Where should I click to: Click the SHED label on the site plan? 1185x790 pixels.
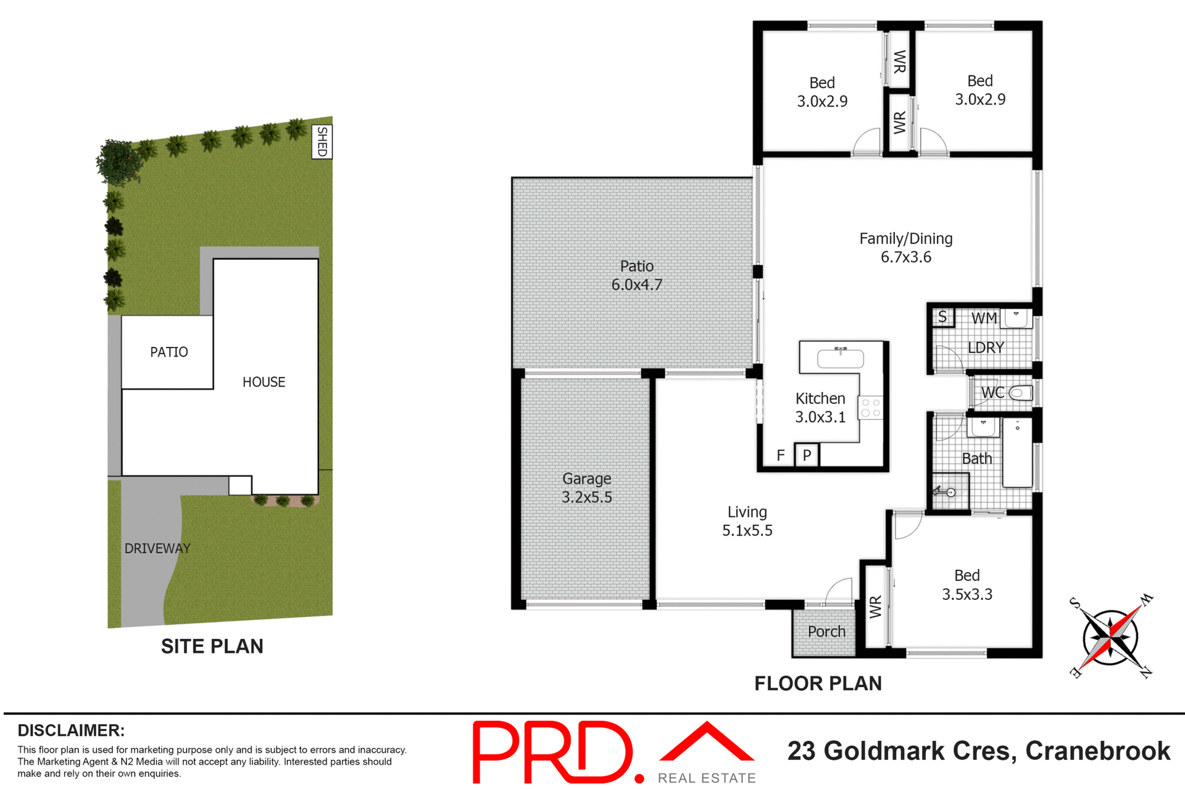[322, 141]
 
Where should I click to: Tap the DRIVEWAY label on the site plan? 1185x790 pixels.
[157, 548]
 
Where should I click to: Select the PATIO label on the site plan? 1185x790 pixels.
[168, 352]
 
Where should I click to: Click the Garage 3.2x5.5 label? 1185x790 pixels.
[586, 488]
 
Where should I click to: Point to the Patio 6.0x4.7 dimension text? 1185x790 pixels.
[636, 285]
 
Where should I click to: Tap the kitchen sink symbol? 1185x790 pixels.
[840, 358]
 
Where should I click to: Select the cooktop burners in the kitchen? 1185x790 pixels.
[870, 407]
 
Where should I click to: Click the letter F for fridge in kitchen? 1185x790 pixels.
[781, 455]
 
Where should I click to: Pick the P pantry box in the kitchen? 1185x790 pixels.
[807, 455]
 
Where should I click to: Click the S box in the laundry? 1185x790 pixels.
[942, 317]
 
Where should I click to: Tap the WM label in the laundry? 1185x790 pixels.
[984, 318]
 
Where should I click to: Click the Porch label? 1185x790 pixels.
[826, 631]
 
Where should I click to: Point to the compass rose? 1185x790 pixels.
[1110, 636]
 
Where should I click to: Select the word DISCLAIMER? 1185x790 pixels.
[71, 731]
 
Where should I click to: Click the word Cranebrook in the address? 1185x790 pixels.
[1097, 751]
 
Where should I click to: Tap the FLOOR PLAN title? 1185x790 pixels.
[818, 683]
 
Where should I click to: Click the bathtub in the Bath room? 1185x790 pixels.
[1017, 454]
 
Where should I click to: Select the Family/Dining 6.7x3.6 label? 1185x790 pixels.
[905, 247]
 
